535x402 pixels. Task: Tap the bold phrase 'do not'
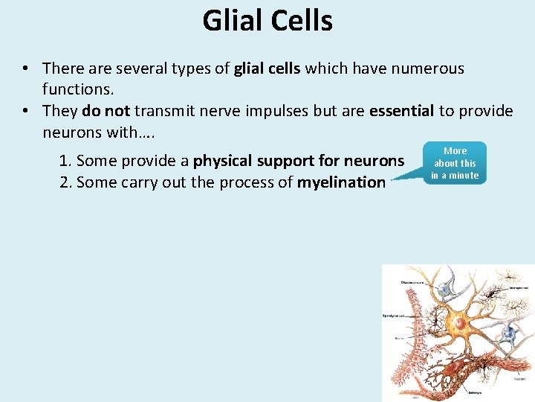pos(106,111)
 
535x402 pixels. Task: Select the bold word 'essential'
pos(401,111)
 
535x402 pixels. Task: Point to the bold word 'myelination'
pos(341,182)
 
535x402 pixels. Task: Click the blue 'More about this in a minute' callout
pos(455,163)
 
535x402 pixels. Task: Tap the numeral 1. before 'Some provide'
pos(65,161)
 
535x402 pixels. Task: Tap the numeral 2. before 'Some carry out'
pos(65,182)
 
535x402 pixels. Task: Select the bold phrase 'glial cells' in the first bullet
pos(267,69)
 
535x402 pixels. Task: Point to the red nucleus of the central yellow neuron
pos(461,324)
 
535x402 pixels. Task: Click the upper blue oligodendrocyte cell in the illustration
pos(444,289)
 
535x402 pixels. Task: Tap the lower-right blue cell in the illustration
pos(510,333)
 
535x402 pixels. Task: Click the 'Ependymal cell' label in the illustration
pos(394,315)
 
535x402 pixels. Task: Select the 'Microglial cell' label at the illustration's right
pos(519,287)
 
